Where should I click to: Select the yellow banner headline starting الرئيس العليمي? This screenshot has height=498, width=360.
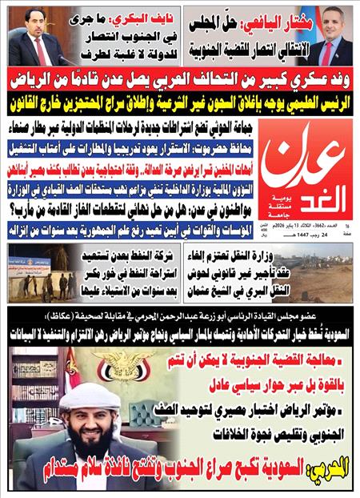[x=180, y=100]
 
